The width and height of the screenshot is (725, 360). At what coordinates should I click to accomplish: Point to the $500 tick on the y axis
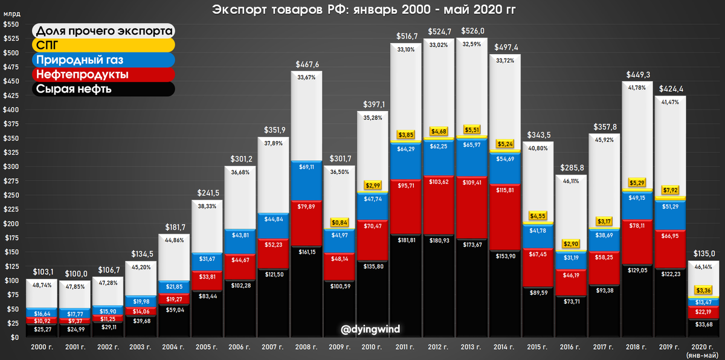click(x=10, y=53)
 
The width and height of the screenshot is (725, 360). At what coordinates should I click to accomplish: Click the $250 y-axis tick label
click(x=10, y=195)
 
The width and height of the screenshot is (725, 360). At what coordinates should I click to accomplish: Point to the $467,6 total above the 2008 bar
click(x=307, y=63)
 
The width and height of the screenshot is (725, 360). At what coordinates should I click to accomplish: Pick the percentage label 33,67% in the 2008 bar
click(x=307, y=77)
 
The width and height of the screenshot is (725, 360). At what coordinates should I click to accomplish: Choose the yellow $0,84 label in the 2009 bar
click(x=340, y=223)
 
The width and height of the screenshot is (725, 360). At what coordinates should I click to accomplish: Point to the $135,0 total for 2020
click(x=703, y=252)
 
